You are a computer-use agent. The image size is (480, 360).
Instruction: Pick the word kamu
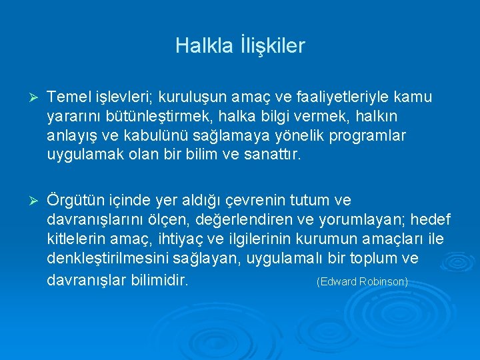(x=413, y=97)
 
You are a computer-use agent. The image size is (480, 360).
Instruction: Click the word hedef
(x=432, y=219)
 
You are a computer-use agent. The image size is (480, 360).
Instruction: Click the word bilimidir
(x=158, y=279)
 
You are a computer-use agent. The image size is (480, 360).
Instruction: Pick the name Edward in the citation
(x=337, y=281)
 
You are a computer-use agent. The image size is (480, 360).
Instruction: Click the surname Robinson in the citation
(x=382, y=281)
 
